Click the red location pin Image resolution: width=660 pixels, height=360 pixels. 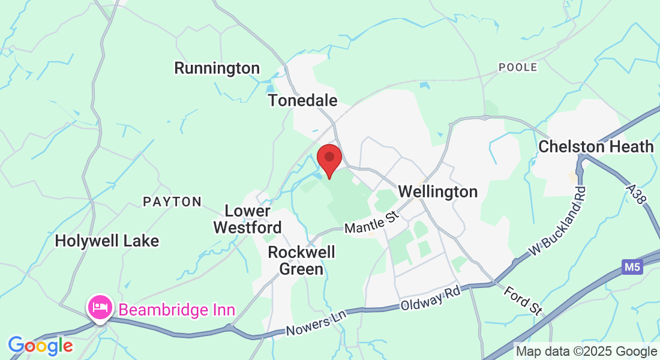(x=329, y=159)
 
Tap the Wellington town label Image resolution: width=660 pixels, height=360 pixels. (x=438, y=192)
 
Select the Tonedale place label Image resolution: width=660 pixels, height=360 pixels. (x=303, y=100)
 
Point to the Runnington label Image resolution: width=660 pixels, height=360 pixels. (x=217, y=68)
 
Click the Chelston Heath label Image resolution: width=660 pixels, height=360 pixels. (x=596, y=146)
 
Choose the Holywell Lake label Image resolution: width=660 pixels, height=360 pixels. (x=107, y=241)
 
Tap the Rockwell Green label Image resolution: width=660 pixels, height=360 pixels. (x=301, y=260)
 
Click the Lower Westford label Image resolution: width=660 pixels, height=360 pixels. (x=247, y=220)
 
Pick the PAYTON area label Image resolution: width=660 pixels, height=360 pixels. (x=172, y=202)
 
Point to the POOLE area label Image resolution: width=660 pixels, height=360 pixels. (x=518, y=67)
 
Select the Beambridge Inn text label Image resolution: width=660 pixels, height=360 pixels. (x=177, y=310)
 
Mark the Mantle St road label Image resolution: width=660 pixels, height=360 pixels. (x=372, y=223)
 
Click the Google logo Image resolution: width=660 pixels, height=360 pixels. (x=40, y=346)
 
